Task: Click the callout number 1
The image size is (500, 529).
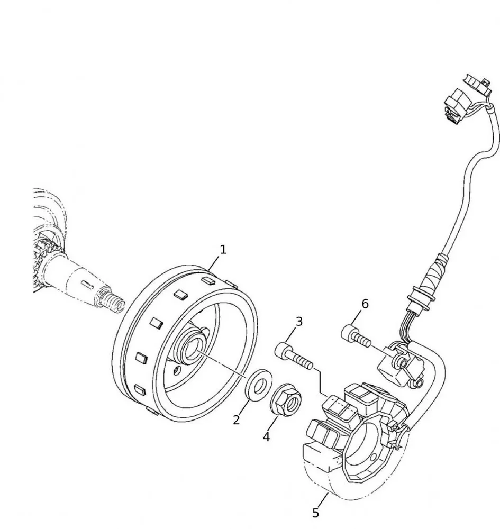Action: click(x=223, y=249)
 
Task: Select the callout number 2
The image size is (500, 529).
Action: click(x=237, y=419)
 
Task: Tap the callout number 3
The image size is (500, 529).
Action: click(x=299, y=321)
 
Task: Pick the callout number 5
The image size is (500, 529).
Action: click(x=316, y=513)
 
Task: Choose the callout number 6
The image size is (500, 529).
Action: click(x=365, y=304)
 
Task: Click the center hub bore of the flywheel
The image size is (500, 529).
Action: click(x=191, y=349)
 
